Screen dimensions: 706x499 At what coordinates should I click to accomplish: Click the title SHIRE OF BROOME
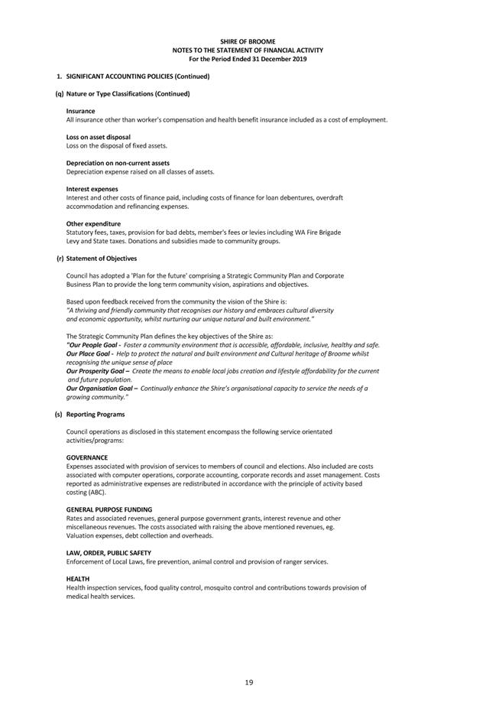[248, 41]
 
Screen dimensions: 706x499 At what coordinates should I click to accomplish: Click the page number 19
[249, 682]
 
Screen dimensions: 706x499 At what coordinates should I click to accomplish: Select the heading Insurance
[80, 112]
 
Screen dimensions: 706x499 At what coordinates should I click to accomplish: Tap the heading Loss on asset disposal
[98, 138]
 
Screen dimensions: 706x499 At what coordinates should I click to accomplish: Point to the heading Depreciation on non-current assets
[118, 163]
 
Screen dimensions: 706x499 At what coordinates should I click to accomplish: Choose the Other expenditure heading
[93, 223]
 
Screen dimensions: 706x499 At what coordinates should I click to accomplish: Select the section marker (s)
[59, 415]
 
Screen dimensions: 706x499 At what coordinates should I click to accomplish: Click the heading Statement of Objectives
[102, 259]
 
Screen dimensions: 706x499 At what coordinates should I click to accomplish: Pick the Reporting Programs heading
[96, 415]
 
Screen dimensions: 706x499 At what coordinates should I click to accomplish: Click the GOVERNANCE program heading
[87, 457]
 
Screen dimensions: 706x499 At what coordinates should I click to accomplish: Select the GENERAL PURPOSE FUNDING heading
[109, 509]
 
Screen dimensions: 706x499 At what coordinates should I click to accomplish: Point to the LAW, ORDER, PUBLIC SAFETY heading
[109, 552]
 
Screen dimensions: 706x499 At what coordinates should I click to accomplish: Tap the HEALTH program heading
[78, 579]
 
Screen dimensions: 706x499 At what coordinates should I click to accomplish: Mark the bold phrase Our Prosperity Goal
[97, 371]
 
